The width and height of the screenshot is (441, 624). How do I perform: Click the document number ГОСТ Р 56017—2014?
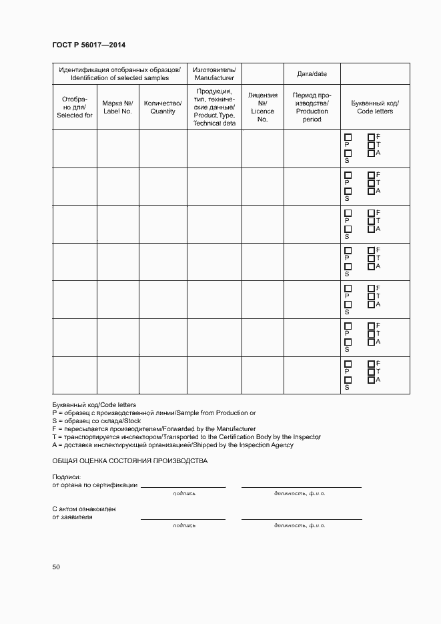point(89,45)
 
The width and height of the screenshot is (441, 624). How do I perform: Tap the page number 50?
point(56,567)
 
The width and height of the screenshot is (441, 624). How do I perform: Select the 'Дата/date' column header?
point(312,73)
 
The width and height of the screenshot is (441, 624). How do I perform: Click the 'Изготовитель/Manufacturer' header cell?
point(214,73)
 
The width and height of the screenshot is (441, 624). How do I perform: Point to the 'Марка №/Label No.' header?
point(118,107)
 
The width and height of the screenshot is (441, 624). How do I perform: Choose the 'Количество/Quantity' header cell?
point(163,107)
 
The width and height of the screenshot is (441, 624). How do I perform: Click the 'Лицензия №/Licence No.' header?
point(262,107)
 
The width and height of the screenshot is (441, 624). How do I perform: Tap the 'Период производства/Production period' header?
point(312,107)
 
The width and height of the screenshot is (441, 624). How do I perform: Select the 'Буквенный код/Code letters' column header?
point(375,107)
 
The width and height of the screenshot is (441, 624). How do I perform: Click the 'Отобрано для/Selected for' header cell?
point(75,107)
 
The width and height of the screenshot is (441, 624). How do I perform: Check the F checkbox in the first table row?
point(371,137)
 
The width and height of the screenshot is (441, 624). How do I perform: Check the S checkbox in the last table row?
point(348,380)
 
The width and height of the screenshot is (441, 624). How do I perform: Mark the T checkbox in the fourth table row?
point(371,258)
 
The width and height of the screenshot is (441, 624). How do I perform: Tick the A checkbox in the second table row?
point(371,191)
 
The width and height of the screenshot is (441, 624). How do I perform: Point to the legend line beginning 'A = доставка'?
point(173,445)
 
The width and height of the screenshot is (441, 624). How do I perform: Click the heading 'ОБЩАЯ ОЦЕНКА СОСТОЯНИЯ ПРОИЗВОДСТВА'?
point(130,461)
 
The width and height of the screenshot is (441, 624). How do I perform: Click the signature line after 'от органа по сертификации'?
point(183,486)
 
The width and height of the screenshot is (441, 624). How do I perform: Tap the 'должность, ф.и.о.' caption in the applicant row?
point(300,525)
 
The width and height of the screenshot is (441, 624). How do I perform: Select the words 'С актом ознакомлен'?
point(84,509)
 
